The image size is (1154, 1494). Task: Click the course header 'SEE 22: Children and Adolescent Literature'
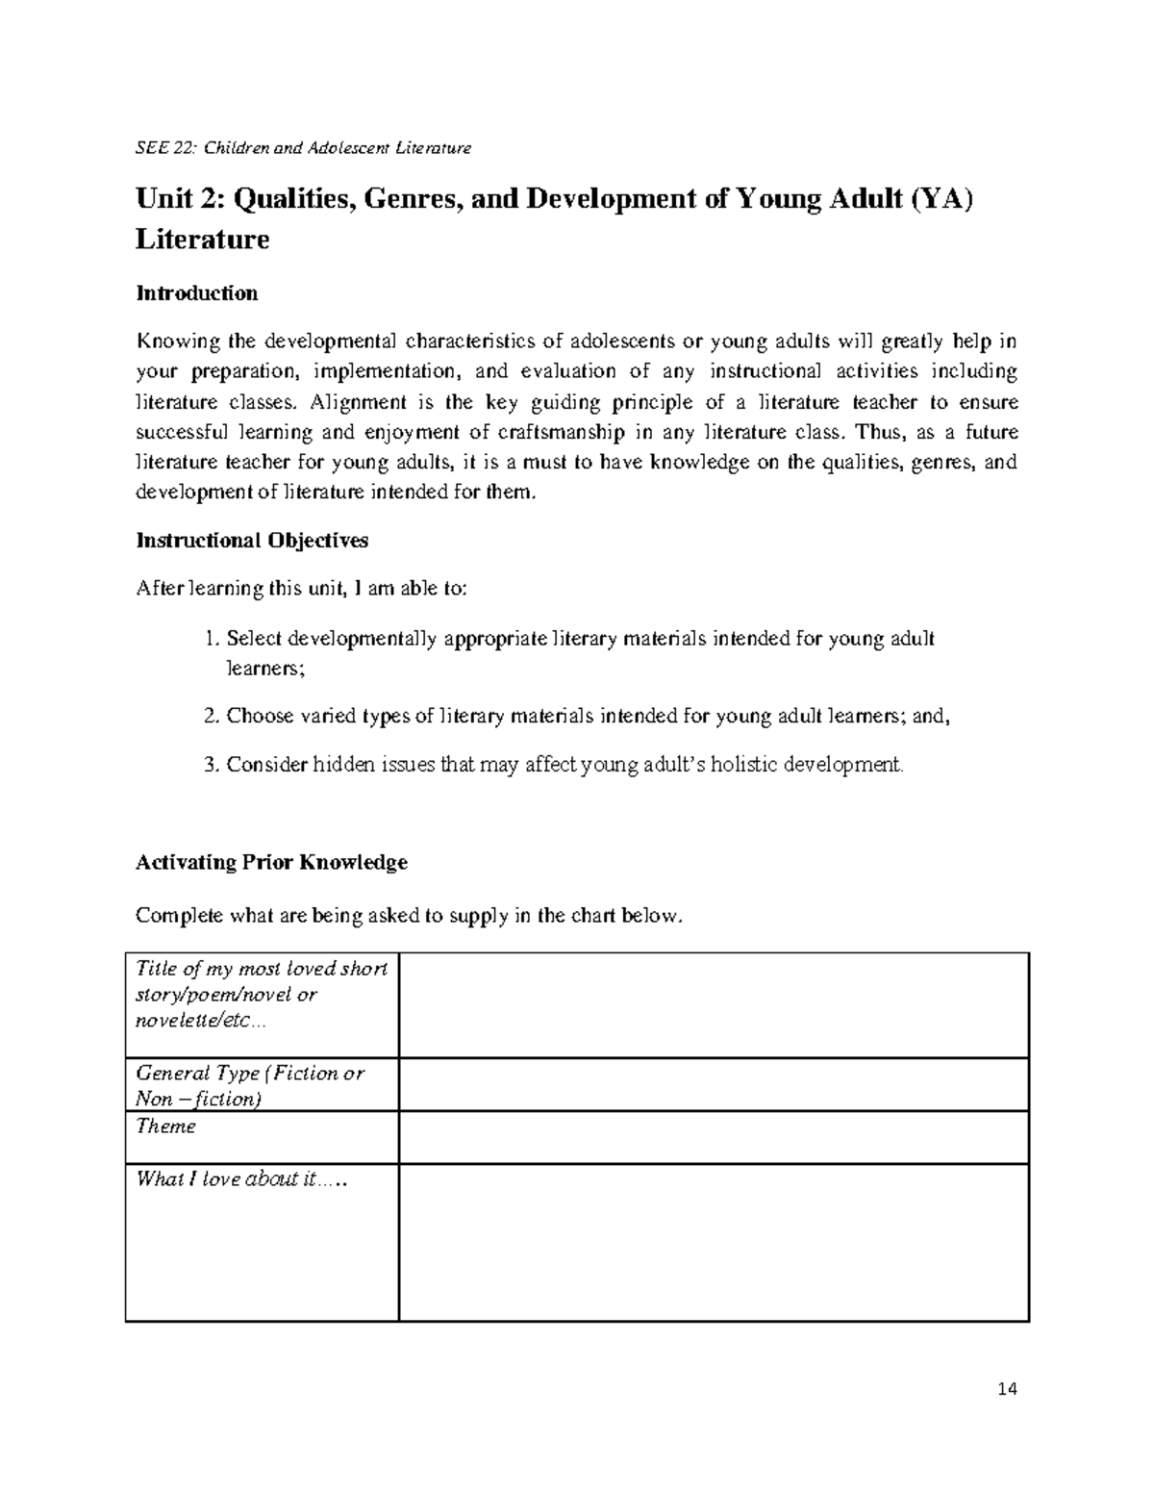[303, 148]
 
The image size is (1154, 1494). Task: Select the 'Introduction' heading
[196, 293]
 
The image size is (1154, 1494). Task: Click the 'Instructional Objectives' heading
[252, 541]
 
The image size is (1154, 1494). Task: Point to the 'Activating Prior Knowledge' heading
[271, 862]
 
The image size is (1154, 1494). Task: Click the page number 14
[1007, 1388]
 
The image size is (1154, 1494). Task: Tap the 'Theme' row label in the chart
[165, 1127]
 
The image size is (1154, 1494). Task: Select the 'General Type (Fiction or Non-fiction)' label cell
[250, 1085]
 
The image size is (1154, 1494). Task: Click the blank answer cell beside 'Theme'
[714, 1137]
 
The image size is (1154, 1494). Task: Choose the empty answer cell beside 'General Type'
[714, 1084]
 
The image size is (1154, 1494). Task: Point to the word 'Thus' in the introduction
[876, 432]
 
